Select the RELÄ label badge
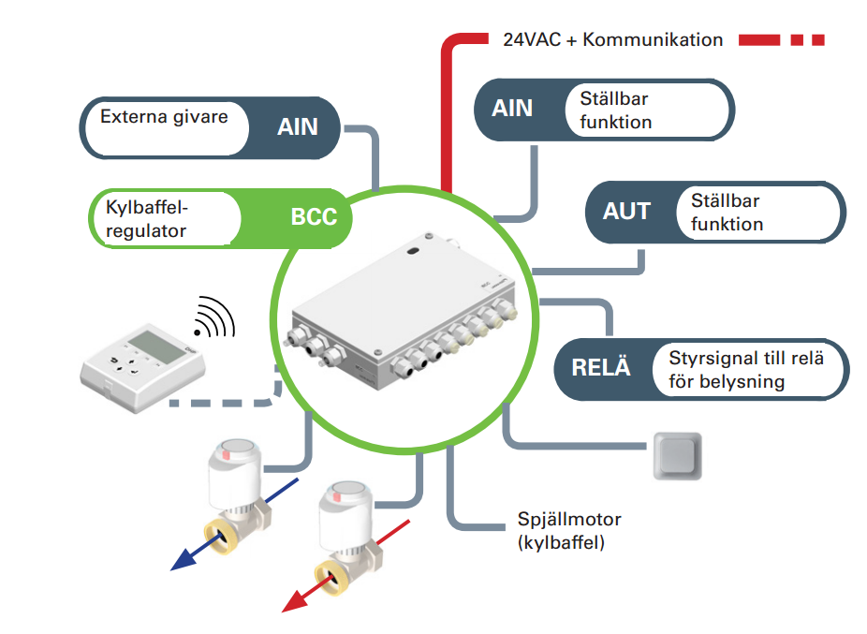[x=601, y=367]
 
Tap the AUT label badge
[x=626, y=212]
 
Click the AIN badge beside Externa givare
[x=298, y=126]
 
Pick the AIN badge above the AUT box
[x=512, y=109]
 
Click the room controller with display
[x=140, y=361]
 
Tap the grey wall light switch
[x=678, y=456]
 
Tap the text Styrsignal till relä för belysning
[x=734, y=369]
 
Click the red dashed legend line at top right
[x=781, y=40]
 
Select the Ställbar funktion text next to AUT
[x=727, y=213]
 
